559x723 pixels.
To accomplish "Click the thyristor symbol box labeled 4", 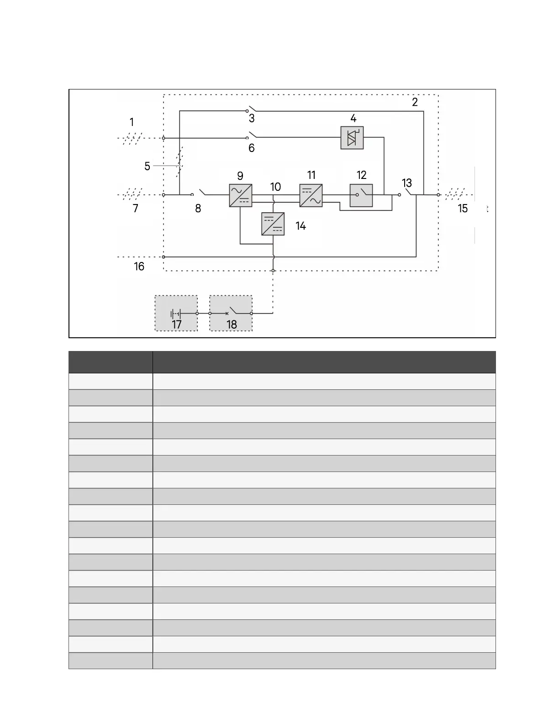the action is point(352,138).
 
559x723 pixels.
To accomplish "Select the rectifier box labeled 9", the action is point(241,195).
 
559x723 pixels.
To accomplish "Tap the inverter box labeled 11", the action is point(311,195).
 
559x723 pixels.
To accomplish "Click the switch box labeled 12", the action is point(361,195).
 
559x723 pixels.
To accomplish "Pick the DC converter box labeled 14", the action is point(273,224).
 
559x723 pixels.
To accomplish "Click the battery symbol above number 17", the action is point(176,314).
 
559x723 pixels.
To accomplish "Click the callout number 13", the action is point(406,183).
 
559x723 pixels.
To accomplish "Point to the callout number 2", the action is point(415,102).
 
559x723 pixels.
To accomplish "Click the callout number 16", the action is point(139,267).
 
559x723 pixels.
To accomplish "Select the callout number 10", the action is point(275,187).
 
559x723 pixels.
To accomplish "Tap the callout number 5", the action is point(147,166).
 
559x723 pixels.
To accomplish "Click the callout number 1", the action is point(132,122).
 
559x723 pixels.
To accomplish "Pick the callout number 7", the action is point(136,209).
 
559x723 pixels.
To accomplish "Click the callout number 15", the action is point(463,209).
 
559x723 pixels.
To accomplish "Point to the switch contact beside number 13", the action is point(409,192).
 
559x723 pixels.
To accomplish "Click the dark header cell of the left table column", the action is point(111,362).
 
